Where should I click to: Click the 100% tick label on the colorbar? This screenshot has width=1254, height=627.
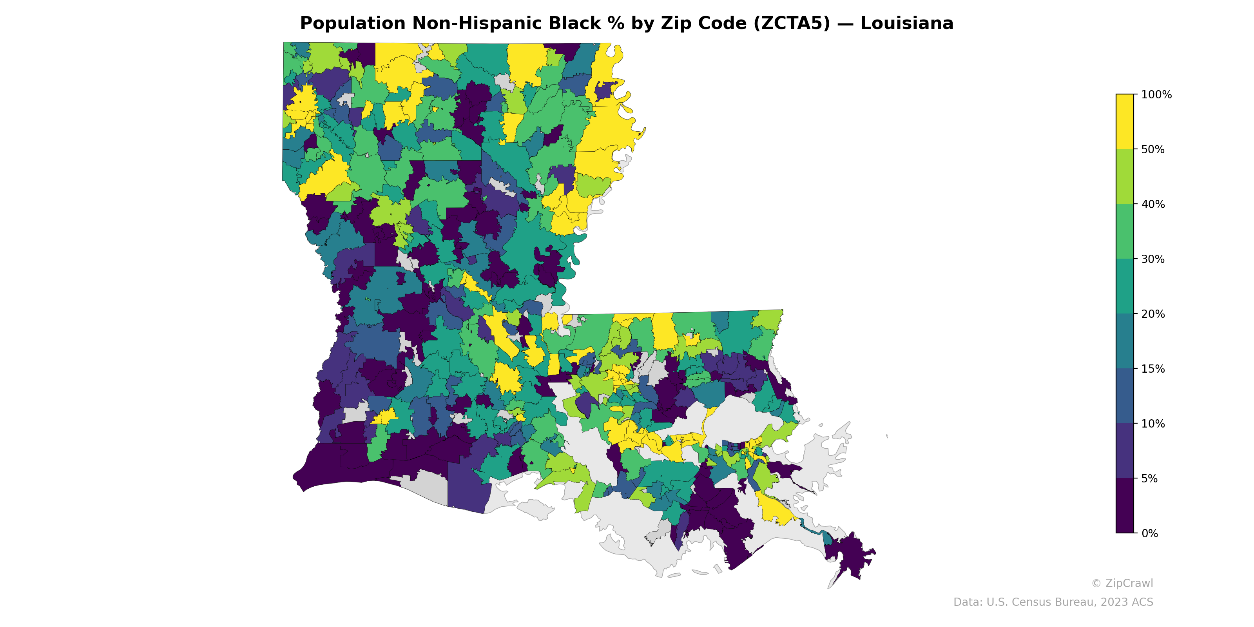(x=1156, y=94)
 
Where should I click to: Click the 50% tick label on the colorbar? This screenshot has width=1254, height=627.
(x=1153, y=149)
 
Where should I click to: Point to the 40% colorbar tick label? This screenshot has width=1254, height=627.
(x=1153, y=205)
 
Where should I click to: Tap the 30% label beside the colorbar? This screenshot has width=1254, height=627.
(x=1153, y=259)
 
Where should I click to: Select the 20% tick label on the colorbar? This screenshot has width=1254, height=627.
(x=1153, y=314)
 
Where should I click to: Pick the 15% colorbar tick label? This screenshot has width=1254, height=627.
(x=1153, y=369)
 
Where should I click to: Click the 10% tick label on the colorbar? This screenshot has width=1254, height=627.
(x=1153, y=424)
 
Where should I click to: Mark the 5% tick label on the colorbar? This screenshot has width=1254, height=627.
(x=1149, y=478)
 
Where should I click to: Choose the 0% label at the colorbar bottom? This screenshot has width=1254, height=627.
(x=1149, y=533)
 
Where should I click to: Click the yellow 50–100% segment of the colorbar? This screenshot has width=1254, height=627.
(x=1125, y=122)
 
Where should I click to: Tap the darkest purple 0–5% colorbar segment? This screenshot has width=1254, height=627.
(x=1125, y=506)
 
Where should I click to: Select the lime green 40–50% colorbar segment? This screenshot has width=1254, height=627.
(x=1125, y=177)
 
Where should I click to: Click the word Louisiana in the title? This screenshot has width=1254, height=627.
(x=906, y=24)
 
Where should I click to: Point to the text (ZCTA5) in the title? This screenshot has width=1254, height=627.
(x=791, y=24)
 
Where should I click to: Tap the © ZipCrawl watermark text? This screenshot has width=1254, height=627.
(x=1122, y=583)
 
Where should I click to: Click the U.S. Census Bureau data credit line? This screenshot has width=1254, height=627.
(x=1053, y=602)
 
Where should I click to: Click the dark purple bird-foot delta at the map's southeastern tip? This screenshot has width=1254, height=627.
(x=850, y=555)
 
